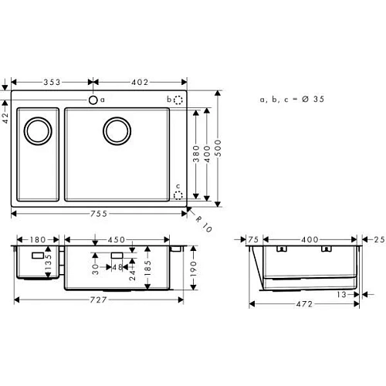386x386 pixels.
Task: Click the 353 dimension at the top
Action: [52, 81]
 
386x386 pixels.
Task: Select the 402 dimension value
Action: [140, 81]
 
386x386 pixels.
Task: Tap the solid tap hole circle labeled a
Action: [93, 100]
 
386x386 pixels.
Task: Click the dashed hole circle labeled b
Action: [178, 100]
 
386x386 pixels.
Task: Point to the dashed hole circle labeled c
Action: [178, 195]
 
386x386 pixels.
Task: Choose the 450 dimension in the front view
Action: [117, 239]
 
